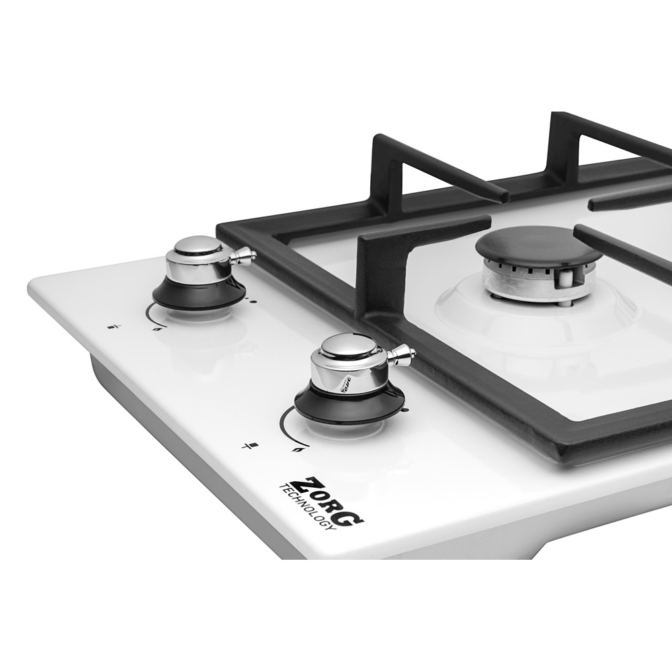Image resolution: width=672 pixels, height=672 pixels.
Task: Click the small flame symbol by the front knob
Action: [296, 450]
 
